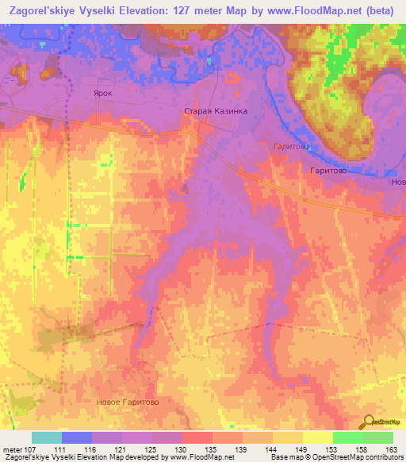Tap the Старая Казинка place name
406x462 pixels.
coord(216,112)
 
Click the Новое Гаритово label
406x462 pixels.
coord(127,402)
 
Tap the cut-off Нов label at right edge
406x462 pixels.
coord(397,182)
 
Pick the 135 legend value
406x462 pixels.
coord(213,450)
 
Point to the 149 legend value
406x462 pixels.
coord(303,450)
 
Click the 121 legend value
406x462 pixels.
coord(123,450)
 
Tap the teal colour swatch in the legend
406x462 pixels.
coord(47,437)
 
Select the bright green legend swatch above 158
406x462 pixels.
coord(348,437)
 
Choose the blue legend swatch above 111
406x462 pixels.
coord(77,437)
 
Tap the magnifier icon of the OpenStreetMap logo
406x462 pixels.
coord(369,422)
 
